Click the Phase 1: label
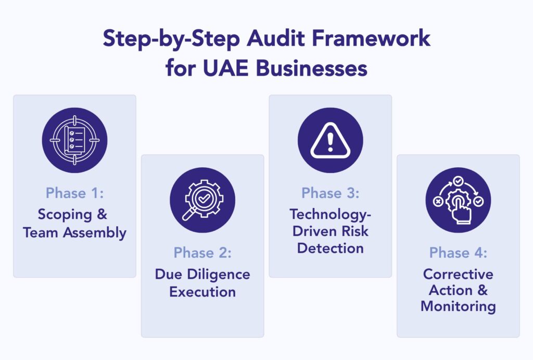74,193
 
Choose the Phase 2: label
202,253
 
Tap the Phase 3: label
330,193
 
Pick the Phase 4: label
458,253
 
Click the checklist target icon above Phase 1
74,140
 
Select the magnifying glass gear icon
202,200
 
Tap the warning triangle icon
330,140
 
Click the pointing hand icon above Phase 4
458,200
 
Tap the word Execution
202,292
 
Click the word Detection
330,248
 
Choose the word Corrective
458,274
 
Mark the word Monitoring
458,306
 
